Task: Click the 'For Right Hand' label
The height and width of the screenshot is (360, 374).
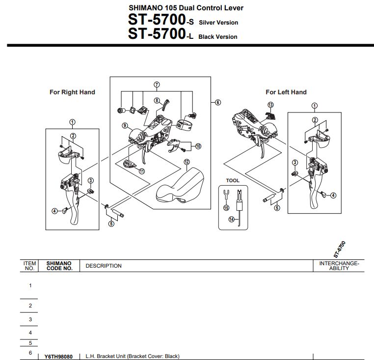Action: coord(72,92)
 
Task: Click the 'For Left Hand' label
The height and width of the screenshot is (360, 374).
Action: coord(286,92)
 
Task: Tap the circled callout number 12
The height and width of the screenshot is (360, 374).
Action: coord(187,162)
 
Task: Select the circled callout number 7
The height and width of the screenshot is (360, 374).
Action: coord(157,84)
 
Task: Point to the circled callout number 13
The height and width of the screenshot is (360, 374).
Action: coord(270,105)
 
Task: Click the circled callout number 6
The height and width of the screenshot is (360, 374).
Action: coord(218,102)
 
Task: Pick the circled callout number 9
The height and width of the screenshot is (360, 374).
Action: coord(125,125)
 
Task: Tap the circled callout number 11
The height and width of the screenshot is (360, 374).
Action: coord(142,171)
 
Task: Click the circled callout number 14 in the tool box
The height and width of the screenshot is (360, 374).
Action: coord(231,220)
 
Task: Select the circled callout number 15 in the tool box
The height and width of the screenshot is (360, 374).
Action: coord(226,208)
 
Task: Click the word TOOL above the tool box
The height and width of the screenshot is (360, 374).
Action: coord(233,181)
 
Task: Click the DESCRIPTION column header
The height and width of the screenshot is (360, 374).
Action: coord(104,266)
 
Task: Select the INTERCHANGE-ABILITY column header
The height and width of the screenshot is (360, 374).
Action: coord(339,266)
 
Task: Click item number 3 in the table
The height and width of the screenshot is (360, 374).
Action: coord(30,319)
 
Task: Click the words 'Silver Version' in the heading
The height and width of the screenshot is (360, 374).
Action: coord(218,23)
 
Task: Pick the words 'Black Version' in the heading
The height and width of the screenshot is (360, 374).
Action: coord(218,37)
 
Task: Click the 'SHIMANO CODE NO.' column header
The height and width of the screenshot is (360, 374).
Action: coord(59,266)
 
